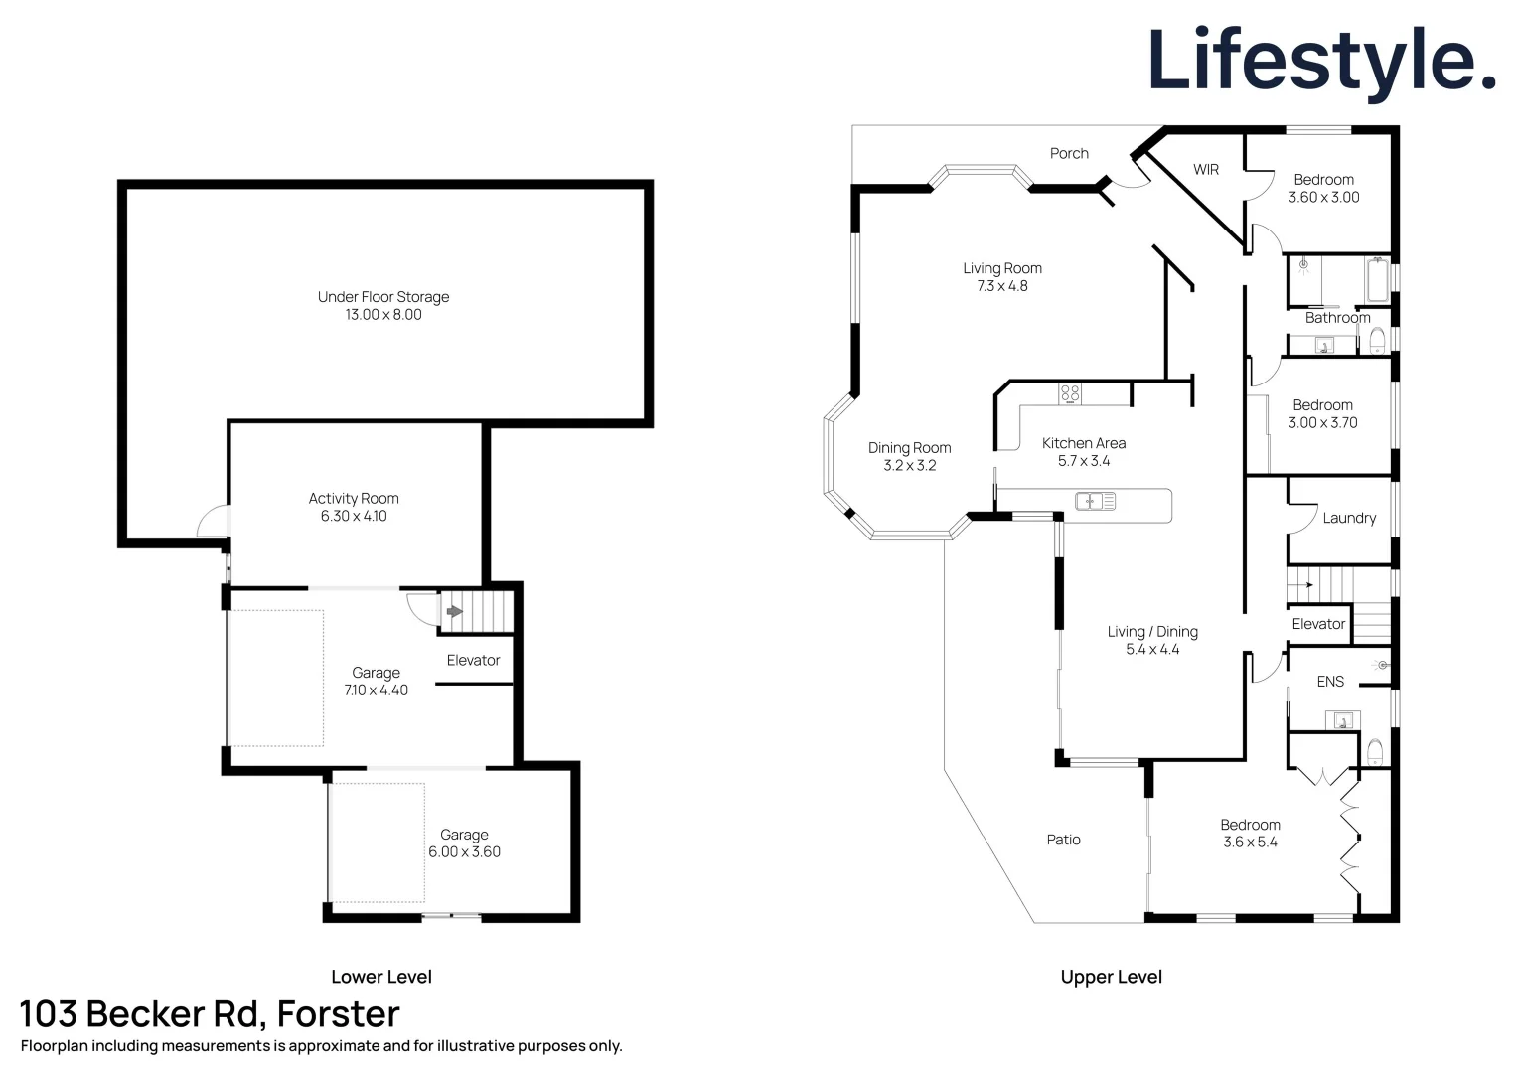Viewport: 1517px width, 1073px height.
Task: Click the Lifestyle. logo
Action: coord(1320,62)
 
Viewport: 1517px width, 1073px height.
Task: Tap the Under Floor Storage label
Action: coord(383,297)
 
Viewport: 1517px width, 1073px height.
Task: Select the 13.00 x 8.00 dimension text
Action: coord(383,315)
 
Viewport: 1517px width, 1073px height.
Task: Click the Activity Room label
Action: coord(354,499)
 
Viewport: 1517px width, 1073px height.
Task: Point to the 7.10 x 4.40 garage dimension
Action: coord(376,690)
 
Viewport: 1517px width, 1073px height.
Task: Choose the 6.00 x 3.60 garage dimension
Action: coord(464,852)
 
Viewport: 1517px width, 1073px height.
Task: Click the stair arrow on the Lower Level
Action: coord(454,611)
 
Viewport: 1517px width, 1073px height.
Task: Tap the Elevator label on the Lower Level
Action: coord(473,660)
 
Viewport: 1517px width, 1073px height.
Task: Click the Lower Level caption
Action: coord(381,977)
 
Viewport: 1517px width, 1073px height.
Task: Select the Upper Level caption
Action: coord(1111,977)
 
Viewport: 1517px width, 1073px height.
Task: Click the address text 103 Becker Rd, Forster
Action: coord(210,1014)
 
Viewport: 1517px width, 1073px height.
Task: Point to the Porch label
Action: coord(1069,153)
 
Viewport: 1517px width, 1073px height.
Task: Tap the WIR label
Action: coord(1206,170)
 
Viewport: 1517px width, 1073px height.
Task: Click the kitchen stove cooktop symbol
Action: coord(1070,393)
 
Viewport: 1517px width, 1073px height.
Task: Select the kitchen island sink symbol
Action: coord(1095,502)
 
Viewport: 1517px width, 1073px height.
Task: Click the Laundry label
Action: coord(1349,518)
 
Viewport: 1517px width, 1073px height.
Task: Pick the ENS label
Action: coord(1330,682)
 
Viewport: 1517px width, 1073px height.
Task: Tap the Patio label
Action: coord(1063,840)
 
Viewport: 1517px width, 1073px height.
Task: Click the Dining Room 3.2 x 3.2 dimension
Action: coord(910,466)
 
